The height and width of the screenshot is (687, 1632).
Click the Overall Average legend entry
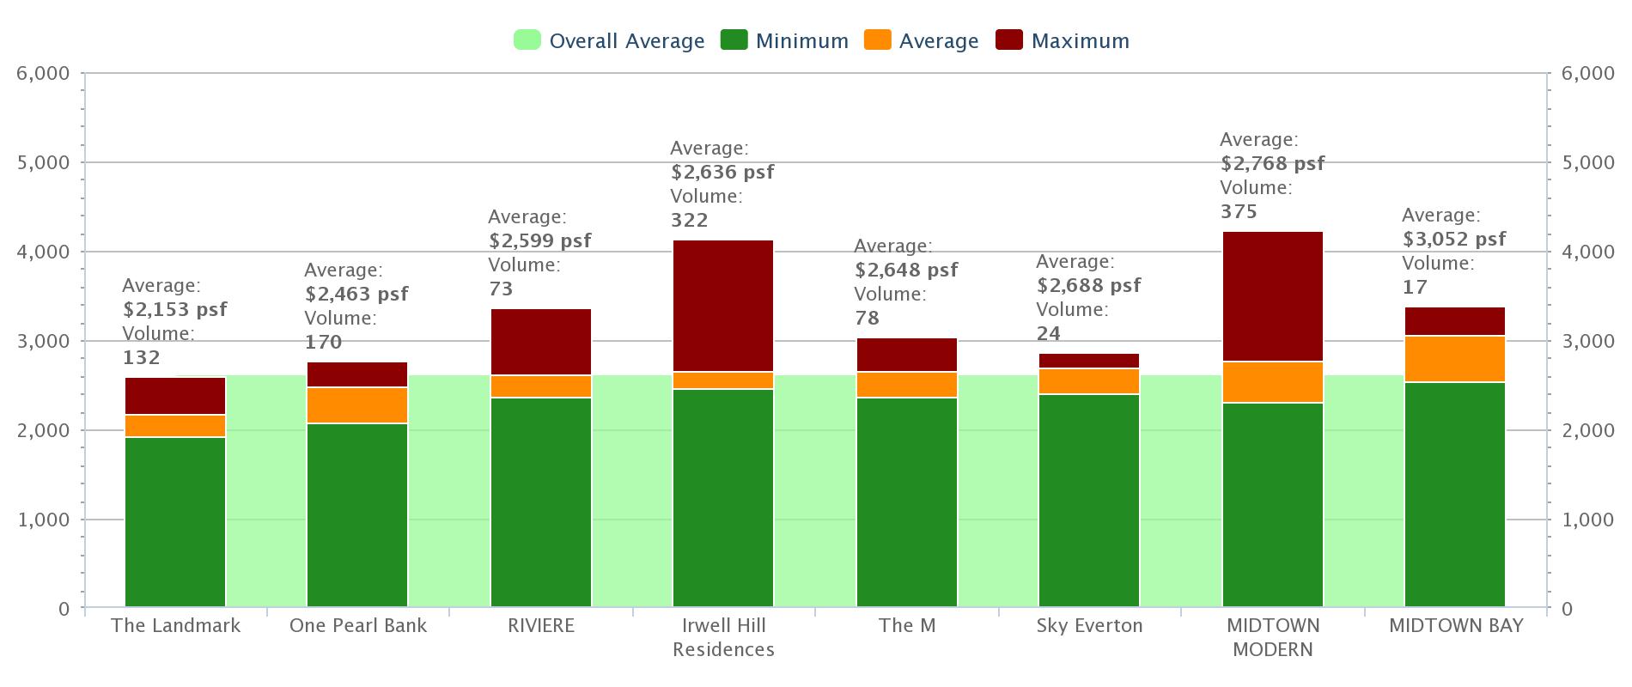[609, 40]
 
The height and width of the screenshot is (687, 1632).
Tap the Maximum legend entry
[1063, 40]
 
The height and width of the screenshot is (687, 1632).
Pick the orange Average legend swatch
[878, 40]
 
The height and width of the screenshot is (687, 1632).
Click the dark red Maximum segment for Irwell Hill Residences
[723, 306]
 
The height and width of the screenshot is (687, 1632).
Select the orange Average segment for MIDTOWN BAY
[1455, 359]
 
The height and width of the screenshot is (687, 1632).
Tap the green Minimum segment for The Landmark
[175, 522]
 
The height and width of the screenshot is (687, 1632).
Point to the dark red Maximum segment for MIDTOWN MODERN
[1273, 296]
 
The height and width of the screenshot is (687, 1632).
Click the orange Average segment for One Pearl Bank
[357, 405]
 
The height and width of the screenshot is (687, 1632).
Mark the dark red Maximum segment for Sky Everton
[1089, 361]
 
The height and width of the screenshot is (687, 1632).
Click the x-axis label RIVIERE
[541, 625]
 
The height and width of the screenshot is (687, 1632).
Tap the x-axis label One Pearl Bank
[358, 625]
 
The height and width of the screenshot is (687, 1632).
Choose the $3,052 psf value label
[1454, 239]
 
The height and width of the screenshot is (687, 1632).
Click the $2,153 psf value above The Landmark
[175, 309]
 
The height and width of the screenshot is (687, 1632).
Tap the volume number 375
[1239, 211]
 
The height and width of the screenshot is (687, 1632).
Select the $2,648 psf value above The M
[906, 270]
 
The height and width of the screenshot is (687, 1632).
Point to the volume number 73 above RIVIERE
[501, 289]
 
